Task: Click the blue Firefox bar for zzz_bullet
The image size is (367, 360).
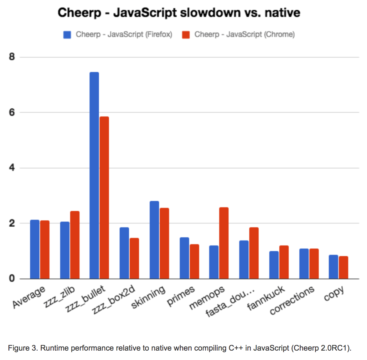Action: click(x=94, y=175)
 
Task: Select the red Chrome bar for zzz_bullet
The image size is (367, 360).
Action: click(x=104, y=197)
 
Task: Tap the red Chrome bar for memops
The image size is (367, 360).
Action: click(x=224, y=243)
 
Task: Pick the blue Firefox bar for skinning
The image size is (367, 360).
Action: click(x=154, y=240)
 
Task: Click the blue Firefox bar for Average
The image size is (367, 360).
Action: click(x=35, y=249)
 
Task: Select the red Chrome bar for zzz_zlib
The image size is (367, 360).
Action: click(x=75, y=245)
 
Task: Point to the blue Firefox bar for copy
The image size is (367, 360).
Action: click(x=333, y=267)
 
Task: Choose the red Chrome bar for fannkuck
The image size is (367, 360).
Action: click(x=284, y=262)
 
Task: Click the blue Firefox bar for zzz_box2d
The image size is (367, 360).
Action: click(x=124, y=253)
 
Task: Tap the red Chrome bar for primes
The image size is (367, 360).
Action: click(x=194, y=261)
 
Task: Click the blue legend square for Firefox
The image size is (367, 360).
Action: click(x=67, y=34)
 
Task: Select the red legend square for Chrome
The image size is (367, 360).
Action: click(x=186, y=34)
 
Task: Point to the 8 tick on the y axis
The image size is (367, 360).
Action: click(x=12, y=57)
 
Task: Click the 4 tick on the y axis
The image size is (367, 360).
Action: click(x=12, y=168)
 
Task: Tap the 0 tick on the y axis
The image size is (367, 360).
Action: click(x=12, y=278)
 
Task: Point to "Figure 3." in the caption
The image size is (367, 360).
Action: click(x=23, y=348)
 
